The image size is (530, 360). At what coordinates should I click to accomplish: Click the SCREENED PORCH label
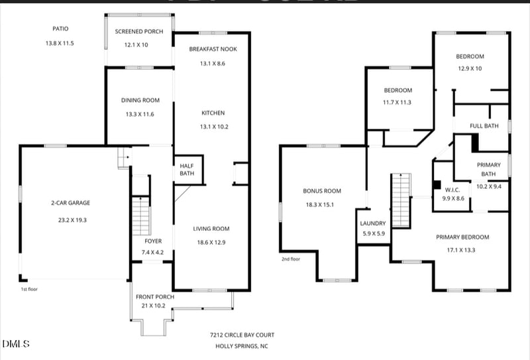click(139, 31)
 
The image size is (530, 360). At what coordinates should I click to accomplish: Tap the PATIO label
click(60, 29)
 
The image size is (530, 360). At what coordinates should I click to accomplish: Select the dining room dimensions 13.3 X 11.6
click(140, 114)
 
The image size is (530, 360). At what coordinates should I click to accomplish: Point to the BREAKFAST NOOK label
click(213, 49)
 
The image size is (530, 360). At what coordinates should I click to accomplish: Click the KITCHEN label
click(213, 113)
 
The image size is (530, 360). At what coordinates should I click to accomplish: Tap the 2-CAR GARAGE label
click(71, 203)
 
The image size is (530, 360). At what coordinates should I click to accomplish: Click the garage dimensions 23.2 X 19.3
click(72, 220)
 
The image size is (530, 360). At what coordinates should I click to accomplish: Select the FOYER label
click(153, 241)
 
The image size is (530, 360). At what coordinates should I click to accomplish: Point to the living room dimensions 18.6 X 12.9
click(211, 243)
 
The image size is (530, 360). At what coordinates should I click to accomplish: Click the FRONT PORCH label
click(155, 297)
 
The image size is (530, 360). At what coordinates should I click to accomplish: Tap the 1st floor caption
click(29, 289)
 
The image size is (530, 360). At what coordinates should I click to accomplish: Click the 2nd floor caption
click(291, 259)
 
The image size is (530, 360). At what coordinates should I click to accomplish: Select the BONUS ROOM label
click(322, 191)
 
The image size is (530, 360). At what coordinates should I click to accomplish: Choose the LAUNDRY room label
click(373, 223)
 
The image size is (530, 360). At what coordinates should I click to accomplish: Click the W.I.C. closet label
click(452, 190)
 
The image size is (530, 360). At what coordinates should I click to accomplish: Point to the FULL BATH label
click(484, 126)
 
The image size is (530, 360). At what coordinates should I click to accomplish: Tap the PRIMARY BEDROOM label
click(462, 237)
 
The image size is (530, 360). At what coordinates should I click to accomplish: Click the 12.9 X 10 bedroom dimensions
click(470, 69)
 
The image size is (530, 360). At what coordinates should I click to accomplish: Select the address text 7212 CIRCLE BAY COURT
click(242, 335)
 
